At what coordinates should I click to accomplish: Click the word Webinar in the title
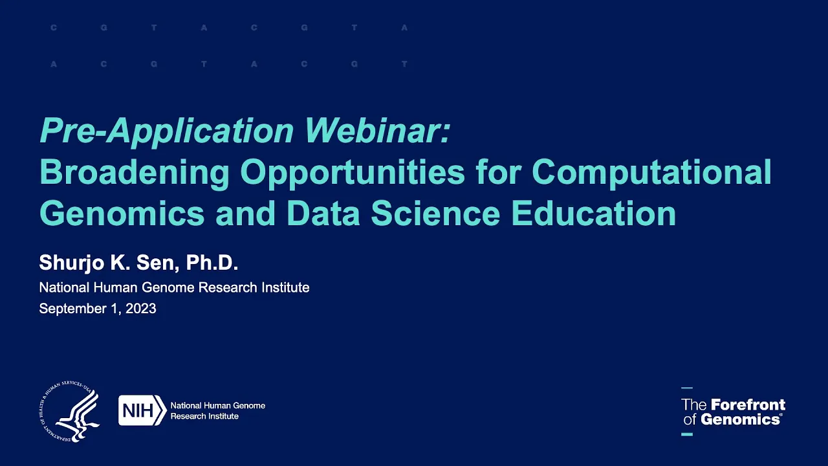click(376, 131)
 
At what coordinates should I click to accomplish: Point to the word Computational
click(651, 172)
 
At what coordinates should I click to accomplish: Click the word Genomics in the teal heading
click(122, 213)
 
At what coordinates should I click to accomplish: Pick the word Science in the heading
click(435, 213)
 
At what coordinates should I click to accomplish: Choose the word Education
click(594, 213)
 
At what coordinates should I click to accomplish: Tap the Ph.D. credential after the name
click(212, 263)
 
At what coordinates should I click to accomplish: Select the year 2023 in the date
click(141, 309)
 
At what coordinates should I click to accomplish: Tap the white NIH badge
click(142, 410)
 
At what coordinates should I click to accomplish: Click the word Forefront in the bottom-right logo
click(748, 405)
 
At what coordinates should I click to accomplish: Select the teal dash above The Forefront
click(687, 388)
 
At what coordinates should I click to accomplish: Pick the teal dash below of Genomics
click(687, 434)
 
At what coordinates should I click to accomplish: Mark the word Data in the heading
click(323, 213)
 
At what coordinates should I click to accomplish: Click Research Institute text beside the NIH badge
click(204, 416)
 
